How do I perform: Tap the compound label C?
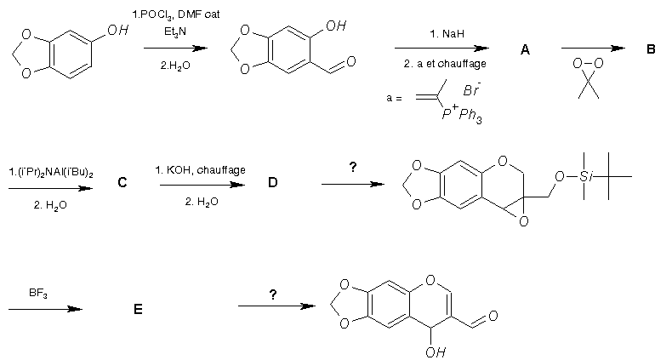[123, 182]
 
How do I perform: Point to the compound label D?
[272, 182]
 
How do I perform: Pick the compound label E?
[137, 310]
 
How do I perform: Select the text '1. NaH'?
[446, 35]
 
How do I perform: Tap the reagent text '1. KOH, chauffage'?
[201, 170]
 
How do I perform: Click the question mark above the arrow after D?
[352, 168]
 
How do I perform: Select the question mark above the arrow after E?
[272, 294]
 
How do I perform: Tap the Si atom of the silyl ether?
[585, 176]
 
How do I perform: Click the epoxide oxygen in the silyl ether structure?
[523, 222]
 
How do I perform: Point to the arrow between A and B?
[595, 49]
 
